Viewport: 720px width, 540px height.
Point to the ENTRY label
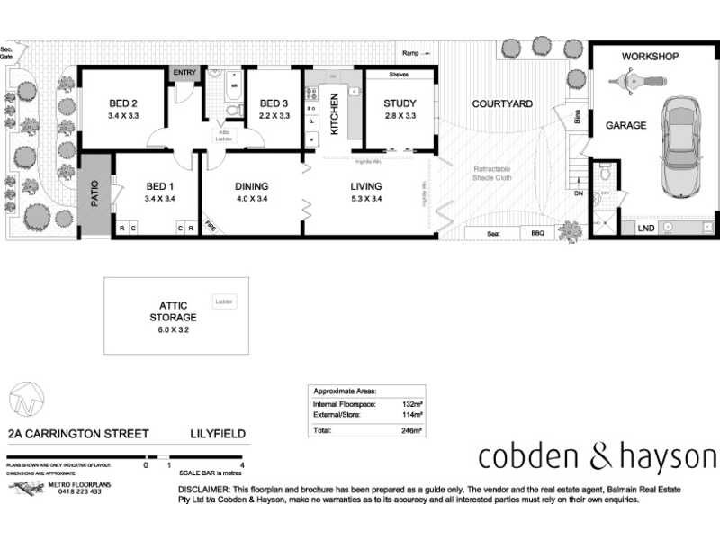[x=184, y=73]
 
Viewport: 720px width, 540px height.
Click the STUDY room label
[x=399, y=103]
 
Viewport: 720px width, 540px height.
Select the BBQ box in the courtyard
[x=538, y=234]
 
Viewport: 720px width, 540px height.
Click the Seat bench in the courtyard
[x=493, y=234]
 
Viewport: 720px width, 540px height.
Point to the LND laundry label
[x=646, y=229]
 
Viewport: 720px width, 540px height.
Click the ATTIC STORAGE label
[x=173, y=311]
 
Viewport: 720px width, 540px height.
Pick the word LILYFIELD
[x=216, y=433]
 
